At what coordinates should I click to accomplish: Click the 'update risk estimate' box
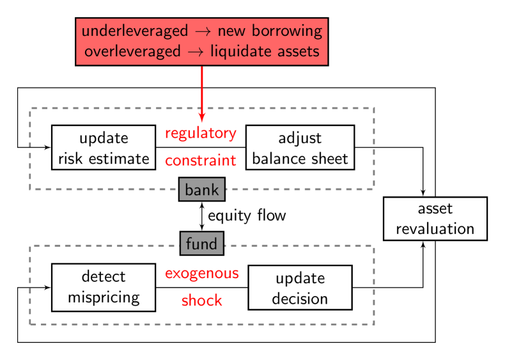pos(104,148)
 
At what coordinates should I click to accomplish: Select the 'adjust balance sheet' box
pos(300,148)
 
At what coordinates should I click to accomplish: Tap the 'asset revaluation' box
pos(435,219)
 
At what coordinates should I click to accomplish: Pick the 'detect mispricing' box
pos(104,287)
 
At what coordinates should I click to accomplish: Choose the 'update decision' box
pos(300,288)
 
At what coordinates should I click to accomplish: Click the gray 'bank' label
pos(201,190)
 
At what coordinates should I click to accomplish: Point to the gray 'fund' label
pos(201,244)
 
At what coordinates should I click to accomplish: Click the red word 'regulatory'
pos(201,134)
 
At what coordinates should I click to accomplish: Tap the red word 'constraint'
pos(201,160)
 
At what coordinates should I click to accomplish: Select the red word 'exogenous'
pos(202,274)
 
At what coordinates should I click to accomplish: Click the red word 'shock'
pos(202,300)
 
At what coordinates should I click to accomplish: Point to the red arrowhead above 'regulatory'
pos(202,117)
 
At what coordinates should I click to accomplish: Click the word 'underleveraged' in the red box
pos(135,31)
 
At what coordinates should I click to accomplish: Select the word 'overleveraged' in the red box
pos(132,51)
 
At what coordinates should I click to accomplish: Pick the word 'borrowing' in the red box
pos(289,31)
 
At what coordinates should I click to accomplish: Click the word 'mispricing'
pos(104,297)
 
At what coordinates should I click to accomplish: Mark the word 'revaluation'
pos(435,229)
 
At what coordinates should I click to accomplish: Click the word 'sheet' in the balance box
pos(330,159)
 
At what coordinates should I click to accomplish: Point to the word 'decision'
pos(300,299)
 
